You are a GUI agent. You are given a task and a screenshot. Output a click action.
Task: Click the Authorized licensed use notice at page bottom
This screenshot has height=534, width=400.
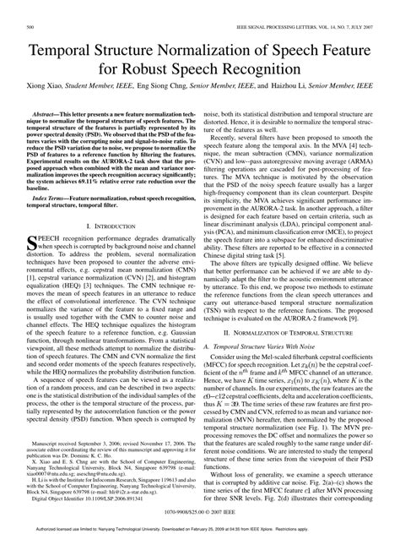[200, 528]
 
